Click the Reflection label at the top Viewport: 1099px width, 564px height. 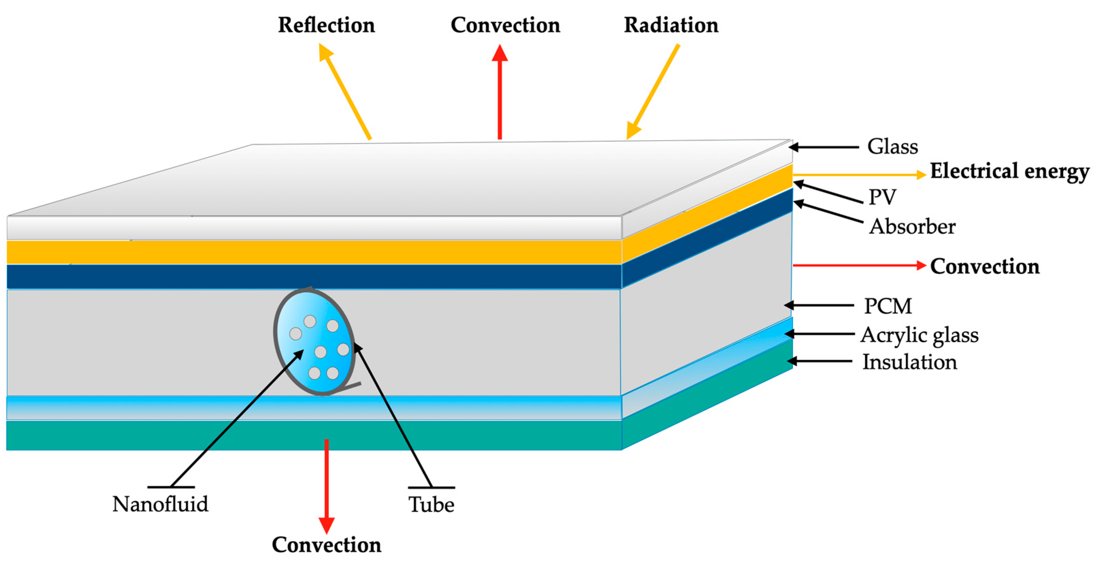coord(326,25)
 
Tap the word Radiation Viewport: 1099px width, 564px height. coord(671,25)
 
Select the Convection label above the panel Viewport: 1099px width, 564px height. coord(505,25)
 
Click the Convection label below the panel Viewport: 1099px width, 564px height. coord(326,545)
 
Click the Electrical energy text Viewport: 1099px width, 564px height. coord(1010,171)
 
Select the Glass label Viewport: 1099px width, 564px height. coord(892,146)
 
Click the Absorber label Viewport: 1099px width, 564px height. coord(912,226)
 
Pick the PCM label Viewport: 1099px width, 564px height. coord(888,306)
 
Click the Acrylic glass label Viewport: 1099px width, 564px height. coord(919,335)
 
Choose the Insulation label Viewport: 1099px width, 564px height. coord(909,362)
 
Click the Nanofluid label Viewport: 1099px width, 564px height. coord(160,504)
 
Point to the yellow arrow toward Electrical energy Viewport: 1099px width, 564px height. coord(857,174)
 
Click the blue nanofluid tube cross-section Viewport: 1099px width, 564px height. coord(315,341)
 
